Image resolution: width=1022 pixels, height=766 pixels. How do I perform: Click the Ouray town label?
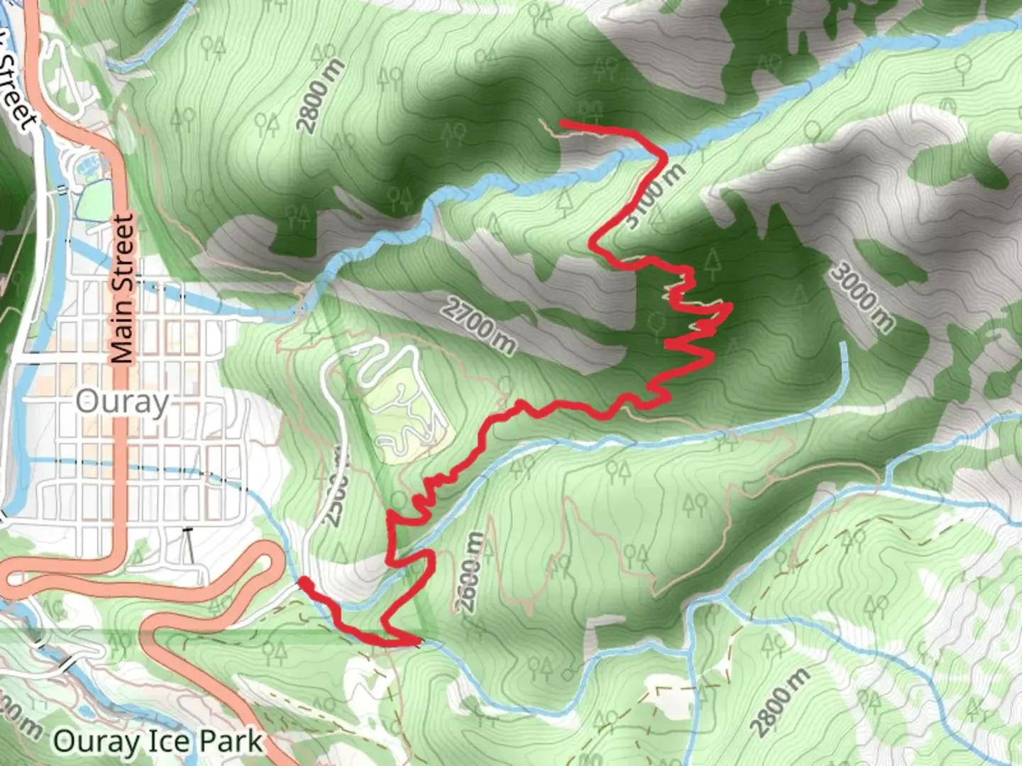[x=122, y=402]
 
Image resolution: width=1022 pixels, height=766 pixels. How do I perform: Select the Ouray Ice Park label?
[x=158, y=742]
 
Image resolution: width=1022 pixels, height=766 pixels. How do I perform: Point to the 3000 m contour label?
[x=862, y=296]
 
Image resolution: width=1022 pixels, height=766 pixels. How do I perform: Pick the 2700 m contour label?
[x=480, y=326]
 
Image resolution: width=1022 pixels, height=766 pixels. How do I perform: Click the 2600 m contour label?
[x=470, y=573]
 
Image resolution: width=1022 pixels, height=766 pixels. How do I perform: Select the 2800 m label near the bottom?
[x=779, y=703]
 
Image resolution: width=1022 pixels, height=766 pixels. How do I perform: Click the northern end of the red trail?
[x=562, y=123]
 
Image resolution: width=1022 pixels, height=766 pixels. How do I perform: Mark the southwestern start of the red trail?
[x=302, y=582]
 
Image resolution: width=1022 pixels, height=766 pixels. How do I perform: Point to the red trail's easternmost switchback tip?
[x=730, y=306]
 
